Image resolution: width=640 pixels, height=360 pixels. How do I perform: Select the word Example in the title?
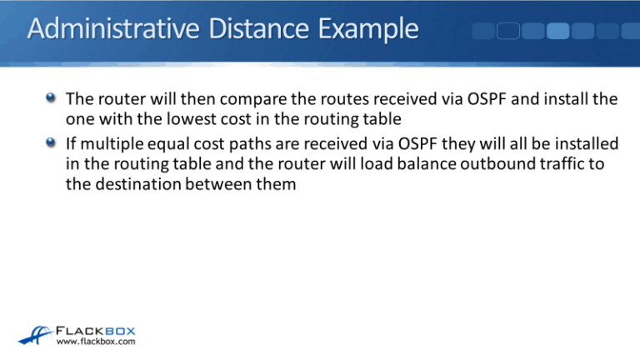pos(364,31)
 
